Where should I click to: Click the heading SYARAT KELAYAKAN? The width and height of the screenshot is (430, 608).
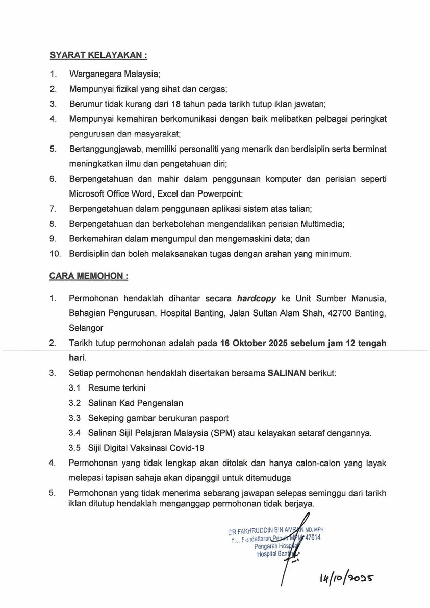[98, 55]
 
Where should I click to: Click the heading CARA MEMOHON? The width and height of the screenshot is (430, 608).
[88, 276]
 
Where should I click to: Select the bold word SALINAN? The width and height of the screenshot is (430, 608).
[287, 373]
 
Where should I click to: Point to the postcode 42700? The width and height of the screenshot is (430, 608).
[345, 313]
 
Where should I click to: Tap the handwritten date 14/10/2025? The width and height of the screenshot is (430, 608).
[347, 578]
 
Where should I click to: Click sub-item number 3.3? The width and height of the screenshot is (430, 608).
[74, 418]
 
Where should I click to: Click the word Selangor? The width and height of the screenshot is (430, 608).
[86, 328]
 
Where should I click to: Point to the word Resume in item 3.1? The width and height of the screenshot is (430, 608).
[102, 388]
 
